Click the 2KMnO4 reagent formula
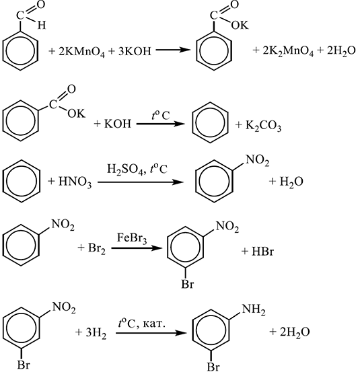pos(81,52)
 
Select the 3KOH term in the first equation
pos(135,50)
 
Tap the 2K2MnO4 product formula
pos(288,52)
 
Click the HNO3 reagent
pos(75,182)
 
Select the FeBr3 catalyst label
pos(132,238)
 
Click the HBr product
pos(262,252)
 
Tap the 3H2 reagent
pos(96,333)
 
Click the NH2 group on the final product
pos(254,310)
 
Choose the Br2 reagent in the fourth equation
pos(97,249)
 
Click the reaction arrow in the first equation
pos(173,50)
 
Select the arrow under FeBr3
pos(137,248)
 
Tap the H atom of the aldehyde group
pos(42,25)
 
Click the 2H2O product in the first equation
pos(341,50)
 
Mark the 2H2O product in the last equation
pos(295,332)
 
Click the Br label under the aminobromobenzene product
pos(213,367)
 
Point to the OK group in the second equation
pos(77,114)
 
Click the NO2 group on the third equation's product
pos(258,160)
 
